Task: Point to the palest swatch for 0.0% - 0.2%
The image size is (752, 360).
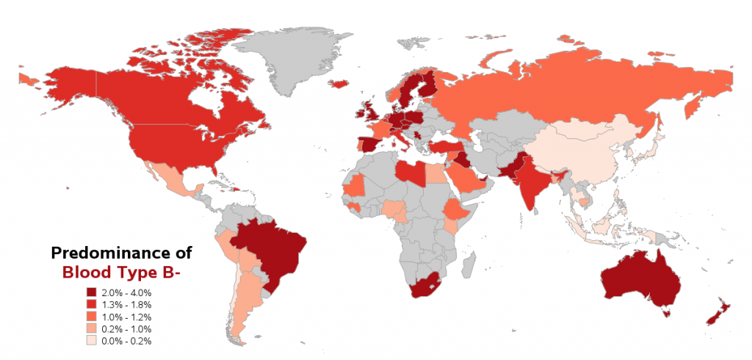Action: point(93,341)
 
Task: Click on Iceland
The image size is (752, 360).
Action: point(339,83)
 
